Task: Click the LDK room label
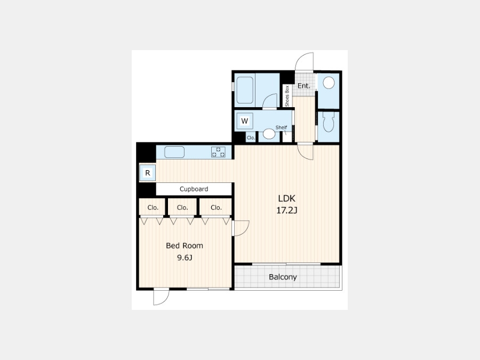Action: point(287,198)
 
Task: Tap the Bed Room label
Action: point(185,245)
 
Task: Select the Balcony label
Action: point(283,277)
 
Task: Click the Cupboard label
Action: point(194,189)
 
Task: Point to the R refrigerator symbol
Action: point(148,173)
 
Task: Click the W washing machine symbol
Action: point(244,121)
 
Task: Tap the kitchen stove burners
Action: point(218,152)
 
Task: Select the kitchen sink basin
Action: point(174,152)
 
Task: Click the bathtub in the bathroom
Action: point(245,90)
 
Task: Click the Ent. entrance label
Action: point(303,86)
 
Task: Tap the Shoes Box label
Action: point(287,96)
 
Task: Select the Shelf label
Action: point(281,127)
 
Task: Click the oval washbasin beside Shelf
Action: point(269,134)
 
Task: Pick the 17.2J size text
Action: point(287,211)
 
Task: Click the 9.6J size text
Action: point(185,258)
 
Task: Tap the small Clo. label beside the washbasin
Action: point(251,138)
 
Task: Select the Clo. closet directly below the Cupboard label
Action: point(182,207)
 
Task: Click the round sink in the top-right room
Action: point(329,83)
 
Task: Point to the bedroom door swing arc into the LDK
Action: point(245,232)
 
